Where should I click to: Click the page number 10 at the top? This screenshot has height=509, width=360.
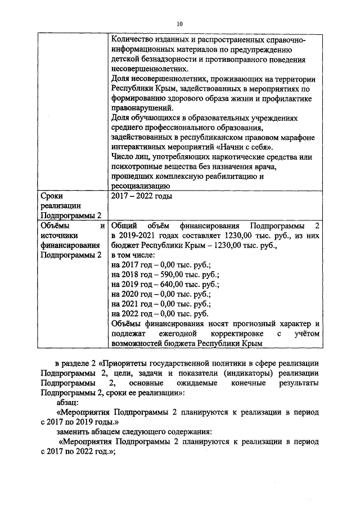(x=180, y=24)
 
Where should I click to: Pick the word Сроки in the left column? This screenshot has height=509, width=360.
(x=52, y=196)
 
